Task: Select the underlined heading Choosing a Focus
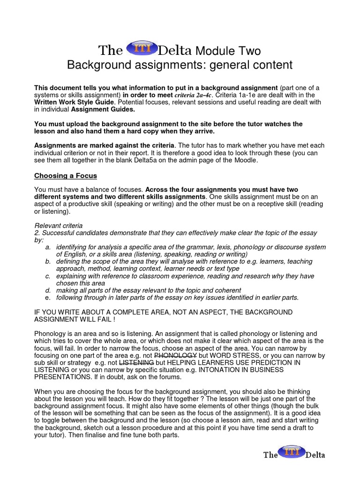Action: click(x=66, y=176)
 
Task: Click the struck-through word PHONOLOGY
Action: click(x=176, y=356)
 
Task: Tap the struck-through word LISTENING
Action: click(x=137, y=363)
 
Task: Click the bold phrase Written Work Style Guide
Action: click(x=74, y=102)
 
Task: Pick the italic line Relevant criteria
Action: click(x=59, y=225)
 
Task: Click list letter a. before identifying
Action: click(x=48, y=247)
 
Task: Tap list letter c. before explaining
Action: click(x=48, y=276)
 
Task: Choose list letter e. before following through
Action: click(x=48, y=298)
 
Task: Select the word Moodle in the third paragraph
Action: click(x=246, y=160)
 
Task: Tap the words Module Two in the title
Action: click(x=228, y=51)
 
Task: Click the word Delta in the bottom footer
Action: click(x=315, y=455)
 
